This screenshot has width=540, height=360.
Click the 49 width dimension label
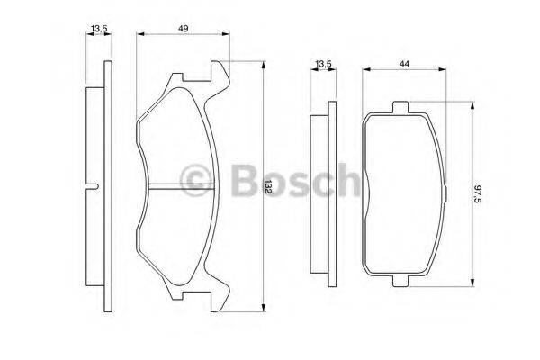182,30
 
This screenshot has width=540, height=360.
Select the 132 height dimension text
268,187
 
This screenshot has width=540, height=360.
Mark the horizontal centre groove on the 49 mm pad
178,186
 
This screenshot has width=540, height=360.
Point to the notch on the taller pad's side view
95,186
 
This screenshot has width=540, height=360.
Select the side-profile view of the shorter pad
320,195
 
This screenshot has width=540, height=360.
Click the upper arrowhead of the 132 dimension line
262,66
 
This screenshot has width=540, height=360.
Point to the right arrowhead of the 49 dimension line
221,36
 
